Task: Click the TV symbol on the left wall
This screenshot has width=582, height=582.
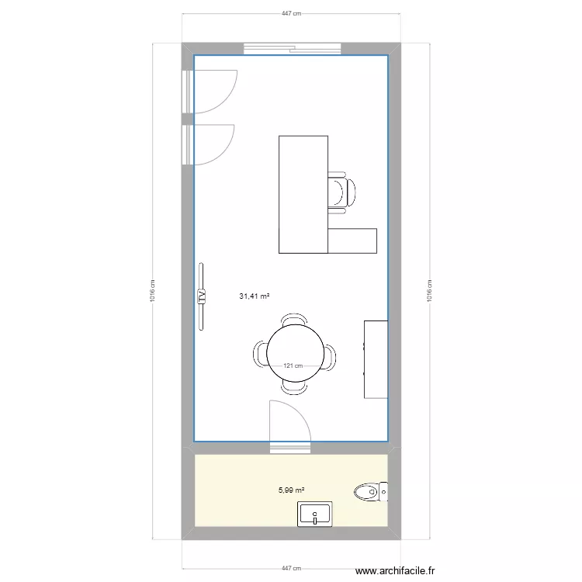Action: [x=202, y=296]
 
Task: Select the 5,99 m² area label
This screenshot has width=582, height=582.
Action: [x=291, y=490]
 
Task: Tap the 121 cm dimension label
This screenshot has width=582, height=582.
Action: [x=293, y=365]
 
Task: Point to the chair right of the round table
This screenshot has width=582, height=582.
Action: [x=330, y=356]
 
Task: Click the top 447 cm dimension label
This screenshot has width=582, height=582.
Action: [x=291, y=14]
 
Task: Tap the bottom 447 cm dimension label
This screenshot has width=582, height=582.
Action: [x=291, y=568]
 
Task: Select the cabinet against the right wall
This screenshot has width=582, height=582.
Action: [x=376, y=359]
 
